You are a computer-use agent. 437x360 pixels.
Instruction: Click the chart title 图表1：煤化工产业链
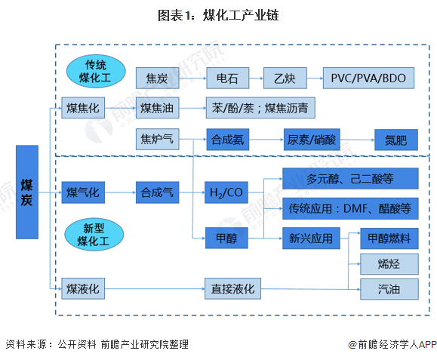pos(218,14)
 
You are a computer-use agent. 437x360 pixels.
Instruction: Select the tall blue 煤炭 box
pos(27,192)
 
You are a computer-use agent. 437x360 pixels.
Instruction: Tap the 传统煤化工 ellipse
pos(95,71)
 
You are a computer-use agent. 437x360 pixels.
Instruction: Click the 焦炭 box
pos(158,78)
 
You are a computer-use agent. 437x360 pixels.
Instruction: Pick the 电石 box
pos(228,78)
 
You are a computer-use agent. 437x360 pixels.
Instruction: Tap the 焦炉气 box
pos(158,140)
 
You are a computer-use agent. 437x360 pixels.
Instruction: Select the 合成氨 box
pos(228,140)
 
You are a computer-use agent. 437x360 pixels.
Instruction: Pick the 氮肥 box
pos(395,140)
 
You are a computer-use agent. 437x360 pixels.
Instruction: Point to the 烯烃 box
pos(389,263)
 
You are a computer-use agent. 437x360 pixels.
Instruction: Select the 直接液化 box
pos(232,288)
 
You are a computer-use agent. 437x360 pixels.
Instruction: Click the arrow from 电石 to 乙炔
pos(256,78)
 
